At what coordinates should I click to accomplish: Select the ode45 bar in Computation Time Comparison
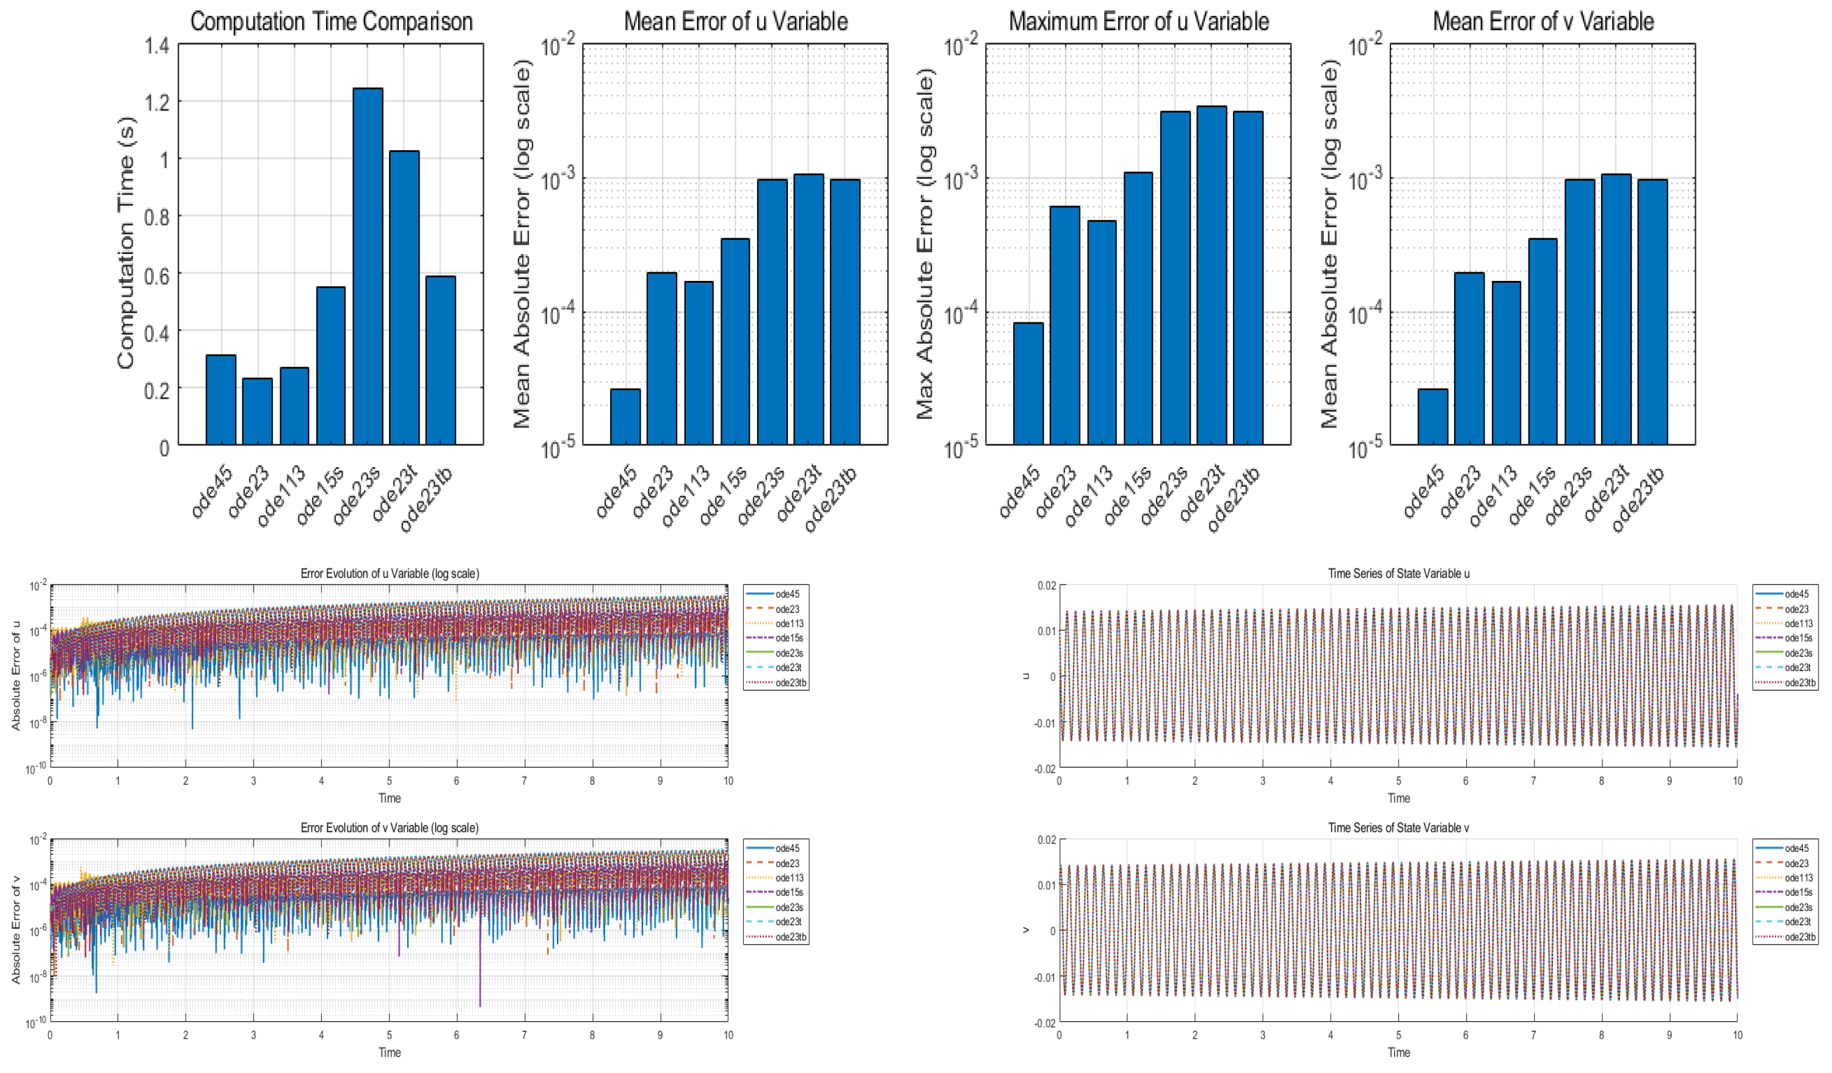221,399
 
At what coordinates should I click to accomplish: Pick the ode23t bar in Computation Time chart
404,297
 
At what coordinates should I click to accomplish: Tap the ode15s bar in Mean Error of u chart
735,341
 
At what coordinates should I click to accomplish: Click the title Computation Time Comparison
332,22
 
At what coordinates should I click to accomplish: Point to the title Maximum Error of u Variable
1138,22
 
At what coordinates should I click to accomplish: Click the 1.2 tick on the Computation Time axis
157,102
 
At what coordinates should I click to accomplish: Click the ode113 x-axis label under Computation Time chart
282,496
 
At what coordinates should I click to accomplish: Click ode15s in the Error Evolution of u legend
789,638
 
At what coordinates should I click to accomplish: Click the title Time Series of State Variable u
1398,573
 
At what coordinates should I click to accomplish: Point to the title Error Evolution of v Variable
390,827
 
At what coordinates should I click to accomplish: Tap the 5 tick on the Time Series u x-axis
1398,780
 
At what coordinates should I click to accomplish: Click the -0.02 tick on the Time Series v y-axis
1045,1023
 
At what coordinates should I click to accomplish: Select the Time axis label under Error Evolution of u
390,798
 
